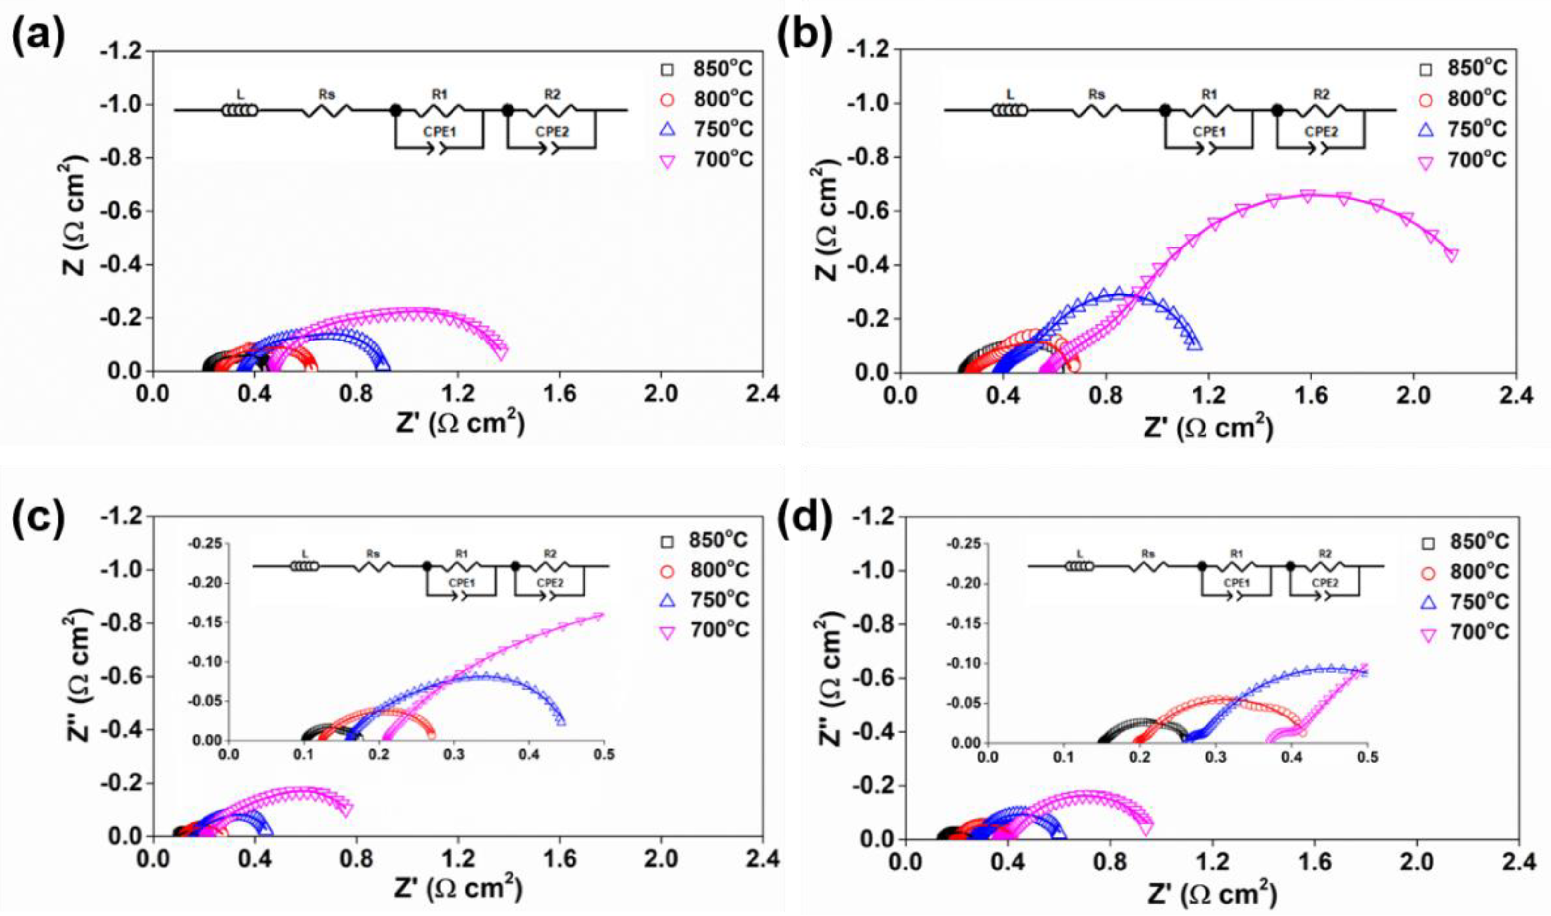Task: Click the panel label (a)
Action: pyautogui.click(x=38, y=38)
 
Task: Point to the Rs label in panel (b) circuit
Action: pyautogui.click(x=1097, y=94)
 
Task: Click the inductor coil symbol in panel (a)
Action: pyautogui.click(x=239, y=110)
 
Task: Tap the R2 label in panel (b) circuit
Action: pyautogui.click(x=1321, y=94)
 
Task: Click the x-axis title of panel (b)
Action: pyautogui.click(x=1207, y=428)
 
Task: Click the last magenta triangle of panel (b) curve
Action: pyautogui.click(x=1452, y=256)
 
